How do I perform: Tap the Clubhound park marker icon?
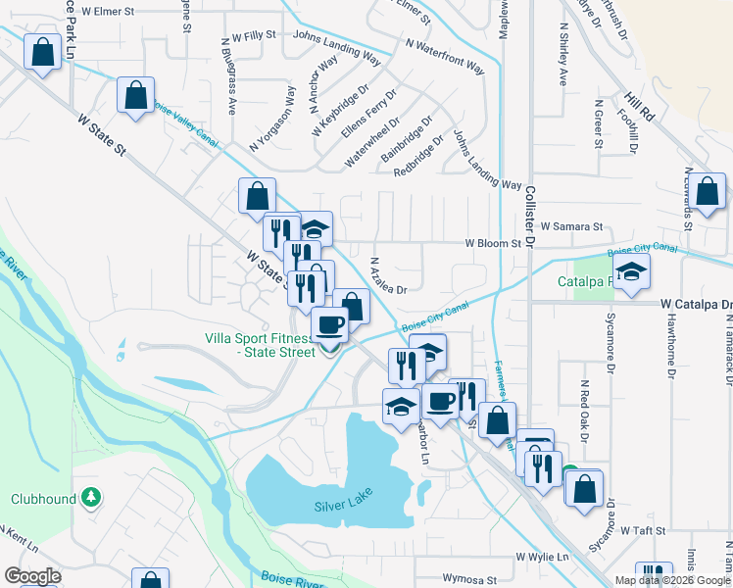pos(91,498)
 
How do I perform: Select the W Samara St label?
pos(571,226)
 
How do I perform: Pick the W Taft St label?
pos(642,530)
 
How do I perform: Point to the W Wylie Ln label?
pos(543,557)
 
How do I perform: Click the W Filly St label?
pos(248,34)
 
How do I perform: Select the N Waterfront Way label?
pos(445,58)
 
